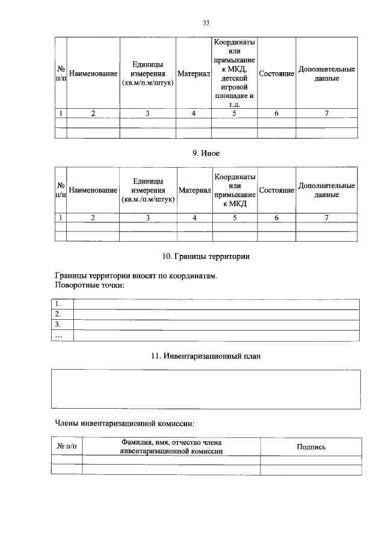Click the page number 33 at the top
tap(205, 23)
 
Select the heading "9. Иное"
tap(206, 153)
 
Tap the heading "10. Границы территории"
tap(206, 257)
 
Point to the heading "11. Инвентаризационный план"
tap(206, 356)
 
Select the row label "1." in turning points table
tap(58, 304)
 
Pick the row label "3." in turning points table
tap(58, 325)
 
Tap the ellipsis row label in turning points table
tap(58, 335)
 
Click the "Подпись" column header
tap(311, 447)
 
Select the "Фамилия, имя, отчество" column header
tap(171, 446)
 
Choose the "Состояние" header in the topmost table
tap(276, 73)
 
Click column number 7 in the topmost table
tap(327, 113)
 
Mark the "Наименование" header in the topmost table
tap(93, 73)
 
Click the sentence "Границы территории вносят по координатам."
tap(135, 276)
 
